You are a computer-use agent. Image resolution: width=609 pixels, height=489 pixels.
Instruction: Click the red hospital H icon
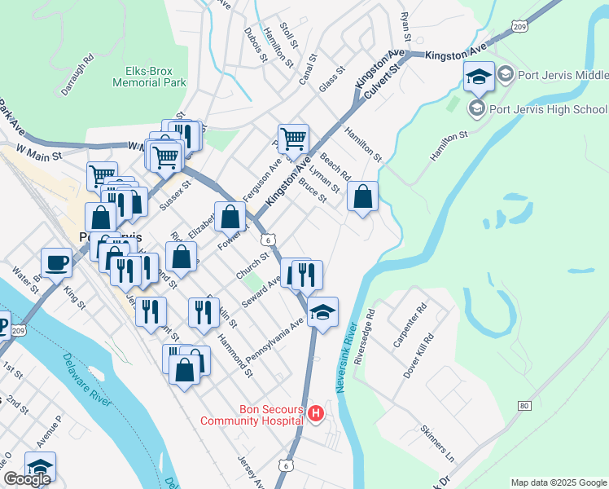317,416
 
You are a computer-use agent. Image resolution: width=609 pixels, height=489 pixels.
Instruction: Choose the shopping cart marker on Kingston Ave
292,139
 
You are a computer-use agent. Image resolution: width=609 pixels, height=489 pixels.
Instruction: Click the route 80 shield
524,405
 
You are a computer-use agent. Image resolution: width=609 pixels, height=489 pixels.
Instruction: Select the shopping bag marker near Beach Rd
363,196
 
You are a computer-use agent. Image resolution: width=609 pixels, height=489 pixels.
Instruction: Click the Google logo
27,479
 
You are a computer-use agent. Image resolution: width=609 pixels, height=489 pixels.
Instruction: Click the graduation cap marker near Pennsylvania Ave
322,312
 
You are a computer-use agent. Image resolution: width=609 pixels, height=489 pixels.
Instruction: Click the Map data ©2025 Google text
558,482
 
